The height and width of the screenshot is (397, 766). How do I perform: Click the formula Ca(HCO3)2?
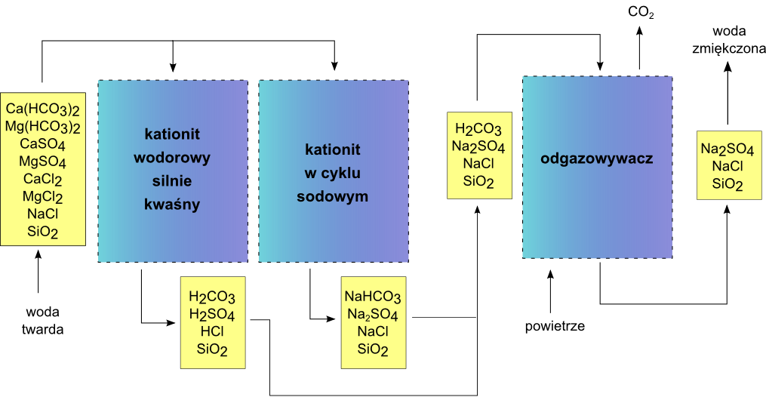(43, 108)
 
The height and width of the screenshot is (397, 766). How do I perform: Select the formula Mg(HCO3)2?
(43, 126)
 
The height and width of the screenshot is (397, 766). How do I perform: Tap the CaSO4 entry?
(43, 144)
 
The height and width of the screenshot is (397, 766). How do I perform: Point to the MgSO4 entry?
(43, 162)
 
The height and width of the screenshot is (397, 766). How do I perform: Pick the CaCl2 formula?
(43, 180)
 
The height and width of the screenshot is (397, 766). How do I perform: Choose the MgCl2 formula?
(43, 197)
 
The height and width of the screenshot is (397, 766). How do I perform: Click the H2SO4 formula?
(212, 315)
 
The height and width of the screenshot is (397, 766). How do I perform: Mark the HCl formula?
(212, 332)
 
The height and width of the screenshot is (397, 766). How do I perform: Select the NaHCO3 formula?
(373, 297)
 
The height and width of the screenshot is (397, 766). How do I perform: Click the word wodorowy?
(172, 158)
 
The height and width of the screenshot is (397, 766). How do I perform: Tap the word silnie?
(172, 182)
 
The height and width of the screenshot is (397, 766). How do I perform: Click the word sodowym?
(333, 197)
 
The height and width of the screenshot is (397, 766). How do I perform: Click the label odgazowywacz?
(597, 159)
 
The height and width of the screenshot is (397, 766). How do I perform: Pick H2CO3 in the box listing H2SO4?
(212, 297)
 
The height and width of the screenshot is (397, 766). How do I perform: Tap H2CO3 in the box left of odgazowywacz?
(478, 129)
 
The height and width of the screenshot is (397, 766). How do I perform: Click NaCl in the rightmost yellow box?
(728, 167)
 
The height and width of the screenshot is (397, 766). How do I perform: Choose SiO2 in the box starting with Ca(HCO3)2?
(43, 232)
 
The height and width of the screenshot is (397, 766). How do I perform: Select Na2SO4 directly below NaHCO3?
(373, 315)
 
